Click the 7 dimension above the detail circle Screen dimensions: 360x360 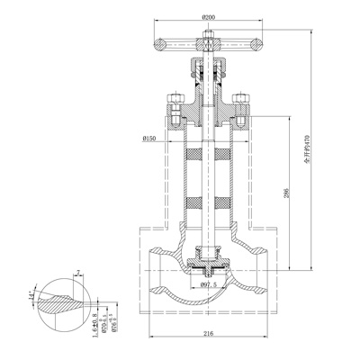point(79,271)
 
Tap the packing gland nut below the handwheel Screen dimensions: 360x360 point(209,67)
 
